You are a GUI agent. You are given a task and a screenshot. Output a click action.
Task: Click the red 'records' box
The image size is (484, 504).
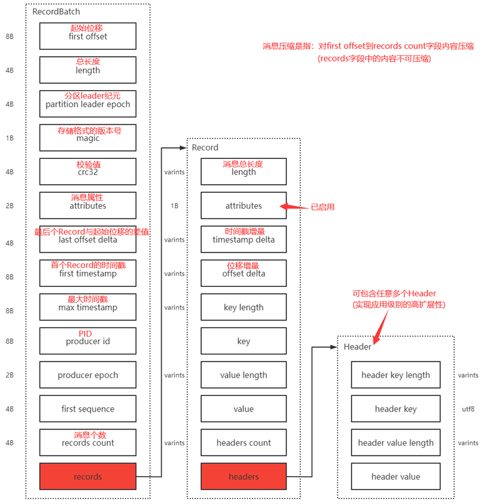[88, 477]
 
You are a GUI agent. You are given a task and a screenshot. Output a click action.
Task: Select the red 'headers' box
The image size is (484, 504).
[244, 477]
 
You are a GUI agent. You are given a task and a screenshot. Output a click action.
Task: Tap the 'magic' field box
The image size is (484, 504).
[88, 138]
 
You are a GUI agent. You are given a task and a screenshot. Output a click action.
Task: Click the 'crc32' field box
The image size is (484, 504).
[88, 171]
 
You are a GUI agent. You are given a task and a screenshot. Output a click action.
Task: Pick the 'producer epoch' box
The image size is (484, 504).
[88, 375]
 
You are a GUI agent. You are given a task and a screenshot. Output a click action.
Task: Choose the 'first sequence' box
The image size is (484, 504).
[88, 408]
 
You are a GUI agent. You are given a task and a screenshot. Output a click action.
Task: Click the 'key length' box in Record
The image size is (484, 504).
[244, 307]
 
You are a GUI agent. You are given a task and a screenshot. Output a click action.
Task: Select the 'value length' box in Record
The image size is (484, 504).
[244, 375]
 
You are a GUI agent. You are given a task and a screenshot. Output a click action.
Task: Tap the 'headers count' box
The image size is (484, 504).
[244, 442]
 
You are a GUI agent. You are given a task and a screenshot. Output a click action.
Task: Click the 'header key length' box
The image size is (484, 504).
[396, 375]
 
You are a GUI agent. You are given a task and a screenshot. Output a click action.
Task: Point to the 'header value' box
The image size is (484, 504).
[396, 477]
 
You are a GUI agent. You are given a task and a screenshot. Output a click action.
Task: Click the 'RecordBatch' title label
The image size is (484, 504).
[57, 12]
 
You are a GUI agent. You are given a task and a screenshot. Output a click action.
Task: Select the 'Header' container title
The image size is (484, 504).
[358, 346]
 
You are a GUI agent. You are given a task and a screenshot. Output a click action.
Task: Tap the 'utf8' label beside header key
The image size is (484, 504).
[468, 409]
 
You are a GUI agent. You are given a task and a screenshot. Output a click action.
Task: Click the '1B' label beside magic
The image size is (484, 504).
[10, 138]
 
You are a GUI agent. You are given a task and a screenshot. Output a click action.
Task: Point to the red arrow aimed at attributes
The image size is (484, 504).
[294, 206]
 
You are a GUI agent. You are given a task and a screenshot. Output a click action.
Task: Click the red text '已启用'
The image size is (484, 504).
[322, 207]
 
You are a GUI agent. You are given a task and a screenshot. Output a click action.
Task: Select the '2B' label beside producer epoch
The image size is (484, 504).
[10, 375]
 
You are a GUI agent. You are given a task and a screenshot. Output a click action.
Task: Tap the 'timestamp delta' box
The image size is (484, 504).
[244, 239]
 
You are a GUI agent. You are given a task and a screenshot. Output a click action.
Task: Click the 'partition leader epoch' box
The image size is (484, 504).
[88, 103]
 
